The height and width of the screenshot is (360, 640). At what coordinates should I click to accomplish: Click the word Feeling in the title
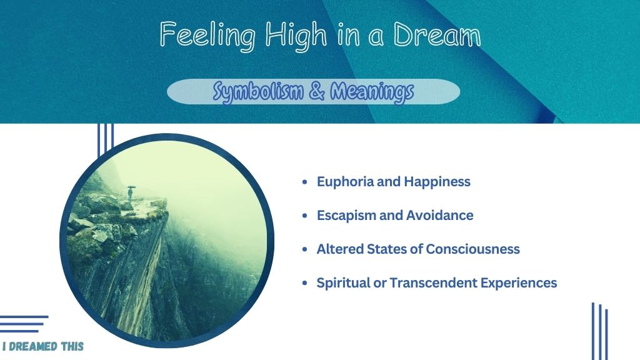(x=207, y=36)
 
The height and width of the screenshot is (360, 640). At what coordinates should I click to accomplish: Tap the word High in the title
(x=296, y=36)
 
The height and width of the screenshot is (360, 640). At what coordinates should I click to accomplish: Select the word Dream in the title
(x=437, y=34)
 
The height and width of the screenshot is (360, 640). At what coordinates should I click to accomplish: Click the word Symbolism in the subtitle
(x=258, y=91)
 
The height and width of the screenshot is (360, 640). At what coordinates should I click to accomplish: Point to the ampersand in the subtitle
(x=317, y=91)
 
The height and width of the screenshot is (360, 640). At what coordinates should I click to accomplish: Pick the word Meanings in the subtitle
(x=372, y=91)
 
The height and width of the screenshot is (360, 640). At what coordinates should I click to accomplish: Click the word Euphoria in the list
(x=345, y=182)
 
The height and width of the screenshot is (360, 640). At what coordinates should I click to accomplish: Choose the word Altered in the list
(x=340, y=249)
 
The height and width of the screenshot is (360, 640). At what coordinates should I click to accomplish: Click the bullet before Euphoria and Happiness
(x=304, y=182)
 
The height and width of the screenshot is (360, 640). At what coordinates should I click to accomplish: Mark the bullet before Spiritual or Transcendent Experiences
(x=304, y=283)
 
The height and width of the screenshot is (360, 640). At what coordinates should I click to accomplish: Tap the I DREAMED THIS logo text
(x=43, y=346)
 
